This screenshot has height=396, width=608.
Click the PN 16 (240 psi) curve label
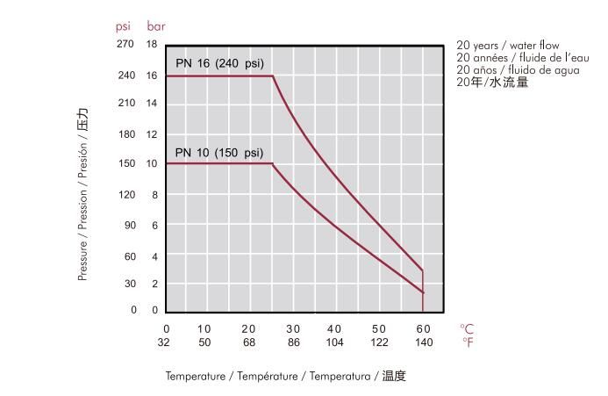pyautogui.click(x=219, y=63)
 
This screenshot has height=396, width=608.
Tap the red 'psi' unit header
pyautogui.click(x=123, y=26)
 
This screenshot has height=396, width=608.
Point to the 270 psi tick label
pyautogui.click(x=125, y=43)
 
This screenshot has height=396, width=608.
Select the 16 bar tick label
pyautogui.click(x=151, y=76)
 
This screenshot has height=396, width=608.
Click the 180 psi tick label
pyautogui.click(x=125, y=134)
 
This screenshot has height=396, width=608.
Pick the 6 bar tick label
pyautogui.click(x=154, y=225)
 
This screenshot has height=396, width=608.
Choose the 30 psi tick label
pyautogui.click(x=128, y=284)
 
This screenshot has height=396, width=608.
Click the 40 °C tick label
pyautogui.click(x=334, y=328)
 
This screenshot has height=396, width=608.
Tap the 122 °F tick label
pyautogui.click(x=378, y=342)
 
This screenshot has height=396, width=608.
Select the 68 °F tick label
pyautogui.click(x=248, y=342)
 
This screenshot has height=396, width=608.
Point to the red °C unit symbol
pyautogui.click(x=467, y=328)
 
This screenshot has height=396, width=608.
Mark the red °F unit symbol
pyautogui.click(x=467, y=342)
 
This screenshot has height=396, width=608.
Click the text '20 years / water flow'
pyautogui.click(x=508, y=46)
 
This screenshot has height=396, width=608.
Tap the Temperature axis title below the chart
pyautogui.click(x=286, y=377)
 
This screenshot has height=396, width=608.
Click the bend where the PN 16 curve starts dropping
pyautogui.click(x=273, y=76)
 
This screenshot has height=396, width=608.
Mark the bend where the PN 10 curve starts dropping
pyautogui.click(x=272, y=163)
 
